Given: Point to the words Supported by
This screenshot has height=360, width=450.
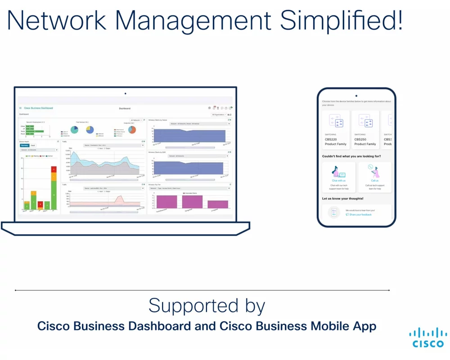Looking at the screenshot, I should [207, 306].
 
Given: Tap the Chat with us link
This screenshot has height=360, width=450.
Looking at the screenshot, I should [338, 180].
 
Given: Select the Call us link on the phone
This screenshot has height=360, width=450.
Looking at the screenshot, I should [374, 180].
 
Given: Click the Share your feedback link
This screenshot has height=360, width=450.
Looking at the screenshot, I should [360, 215].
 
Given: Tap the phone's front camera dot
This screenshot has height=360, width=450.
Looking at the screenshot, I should [356, 96].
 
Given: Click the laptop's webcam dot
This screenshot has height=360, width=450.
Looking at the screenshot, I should [125, 94].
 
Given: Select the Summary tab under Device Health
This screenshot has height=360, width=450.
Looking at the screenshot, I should [25, 146].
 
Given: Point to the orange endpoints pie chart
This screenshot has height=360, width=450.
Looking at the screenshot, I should [132, 130].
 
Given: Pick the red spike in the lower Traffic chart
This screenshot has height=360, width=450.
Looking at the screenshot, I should [119, 199].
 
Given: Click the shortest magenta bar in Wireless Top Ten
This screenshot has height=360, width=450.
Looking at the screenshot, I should [218, 204].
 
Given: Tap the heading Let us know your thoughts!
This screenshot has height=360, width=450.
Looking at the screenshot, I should [342, 198].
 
